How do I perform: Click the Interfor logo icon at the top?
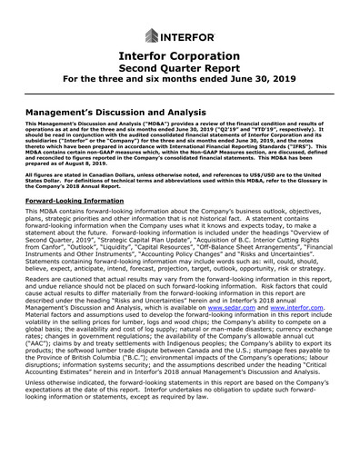(x=150, y=36)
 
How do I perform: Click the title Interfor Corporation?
(x=179, y=60)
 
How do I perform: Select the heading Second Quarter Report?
(x=179, y=74)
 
